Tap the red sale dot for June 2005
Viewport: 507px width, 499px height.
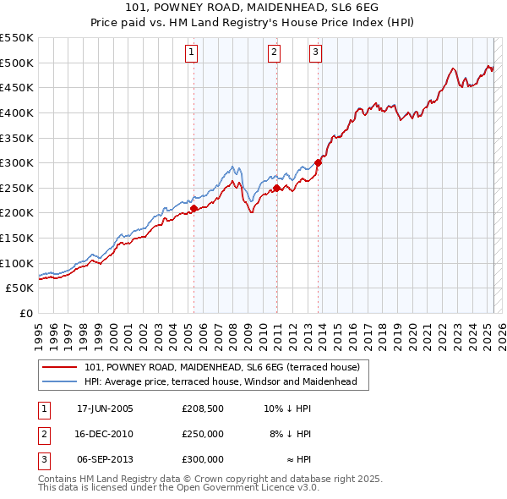click(x=194, y=207)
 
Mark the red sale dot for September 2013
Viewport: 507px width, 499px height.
click(x=318, y=162)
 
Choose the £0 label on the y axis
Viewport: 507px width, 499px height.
click(x=27, y=313)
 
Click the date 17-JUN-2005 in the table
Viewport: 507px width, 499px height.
click(x=105, y=409)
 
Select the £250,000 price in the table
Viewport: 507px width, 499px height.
click(x=203, y=434)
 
